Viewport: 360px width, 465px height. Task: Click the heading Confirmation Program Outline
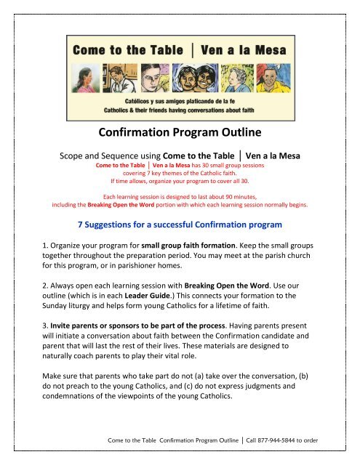click(180, 134)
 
